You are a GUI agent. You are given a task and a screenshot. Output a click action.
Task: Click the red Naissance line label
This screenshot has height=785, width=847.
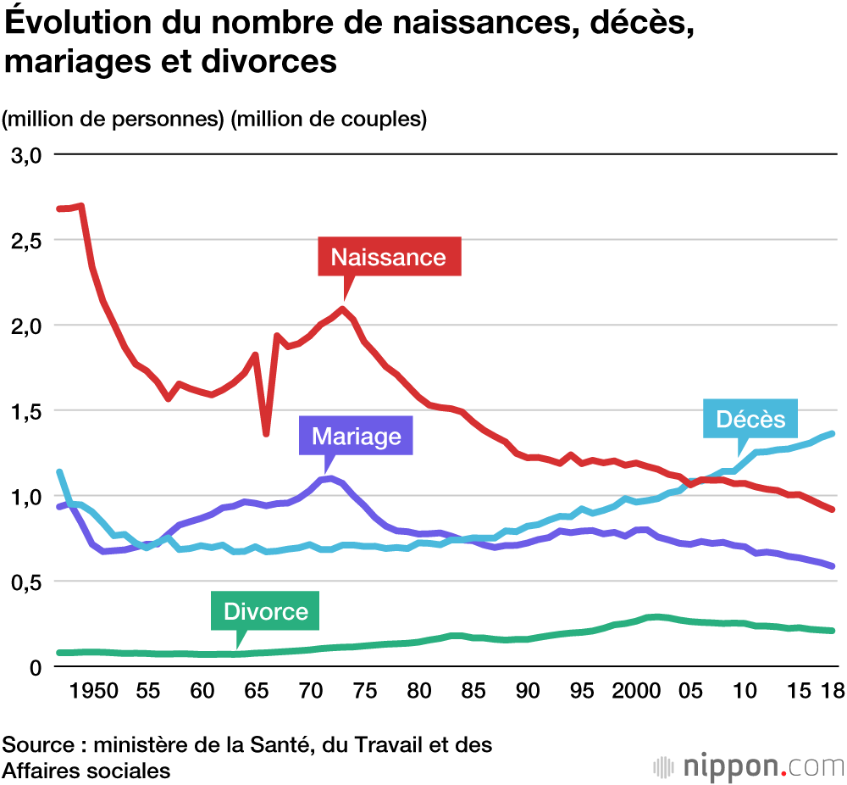pyautogui.click(x=389, y=257)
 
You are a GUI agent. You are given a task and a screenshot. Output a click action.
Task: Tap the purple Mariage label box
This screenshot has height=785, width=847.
pyautogui.click(x=356, y=436)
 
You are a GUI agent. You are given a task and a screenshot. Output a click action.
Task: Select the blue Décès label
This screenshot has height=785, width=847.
pyautogui.click(x=750, y=419)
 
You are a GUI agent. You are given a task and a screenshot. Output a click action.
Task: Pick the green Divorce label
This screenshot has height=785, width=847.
pyautogui.click(x=265, y=610)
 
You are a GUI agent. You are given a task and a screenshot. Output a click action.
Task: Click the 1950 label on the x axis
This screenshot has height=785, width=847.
pyautogui.click(x=93, y=692)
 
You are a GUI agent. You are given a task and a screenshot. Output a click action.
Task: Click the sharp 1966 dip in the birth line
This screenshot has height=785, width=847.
pyautogui.click(x=266, y=433)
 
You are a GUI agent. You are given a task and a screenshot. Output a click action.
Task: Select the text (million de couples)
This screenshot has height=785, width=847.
pyautogui.click(x=329, y=120)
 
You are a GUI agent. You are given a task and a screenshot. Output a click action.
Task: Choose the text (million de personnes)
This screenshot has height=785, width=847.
pyautogui.click(x=114, y=120)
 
